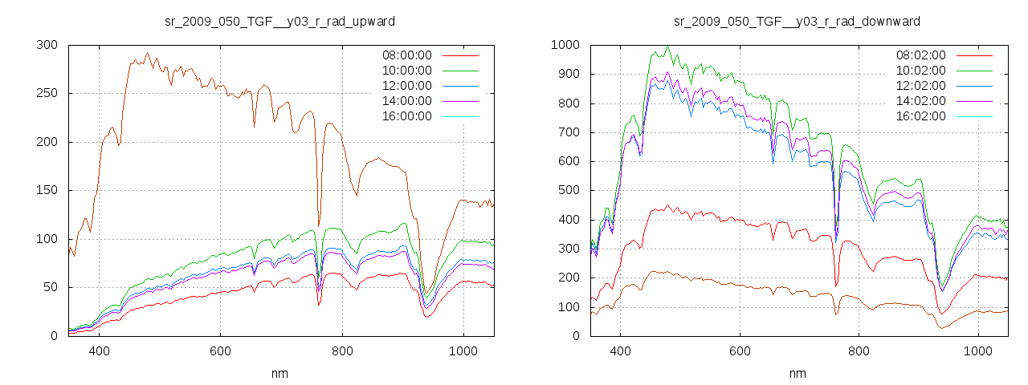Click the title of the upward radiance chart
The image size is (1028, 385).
[x=279, y=21]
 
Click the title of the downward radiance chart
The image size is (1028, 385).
[x=797, y=21]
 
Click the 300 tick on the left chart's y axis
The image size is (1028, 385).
[x=47, y=45]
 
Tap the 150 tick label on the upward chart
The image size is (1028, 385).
[x=47, y=190]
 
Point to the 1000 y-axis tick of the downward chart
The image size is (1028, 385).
[x=564, y=45]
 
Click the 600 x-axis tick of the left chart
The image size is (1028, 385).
[x=220, y=351]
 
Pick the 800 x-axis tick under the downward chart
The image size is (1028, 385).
[x=859, y=351]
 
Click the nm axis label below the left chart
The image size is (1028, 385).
[x=279, y=373]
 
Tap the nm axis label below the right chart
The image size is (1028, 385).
[x=797, y=373]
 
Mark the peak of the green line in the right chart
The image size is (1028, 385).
[x=667, y=46]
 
